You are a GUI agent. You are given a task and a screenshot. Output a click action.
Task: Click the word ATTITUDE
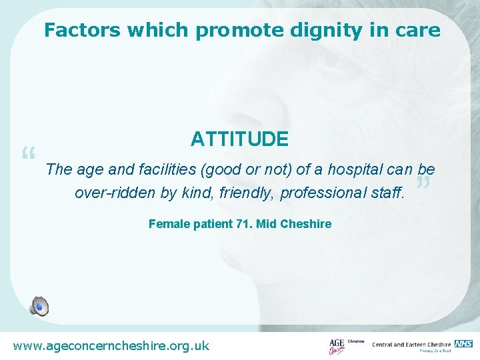coord(239,139)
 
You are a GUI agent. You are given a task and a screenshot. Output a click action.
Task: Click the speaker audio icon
coord(39,306)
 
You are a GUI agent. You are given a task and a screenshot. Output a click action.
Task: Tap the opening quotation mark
coord(28,156)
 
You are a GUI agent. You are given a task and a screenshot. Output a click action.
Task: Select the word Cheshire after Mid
coord(306,224)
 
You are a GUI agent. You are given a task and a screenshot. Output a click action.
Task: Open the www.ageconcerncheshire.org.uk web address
coord(111,345)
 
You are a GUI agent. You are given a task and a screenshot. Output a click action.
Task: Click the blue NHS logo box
coord(464,343)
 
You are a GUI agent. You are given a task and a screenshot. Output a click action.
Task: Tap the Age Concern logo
coord(338,345)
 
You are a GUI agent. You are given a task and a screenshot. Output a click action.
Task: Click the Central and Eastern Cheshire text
coord(411,345)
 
